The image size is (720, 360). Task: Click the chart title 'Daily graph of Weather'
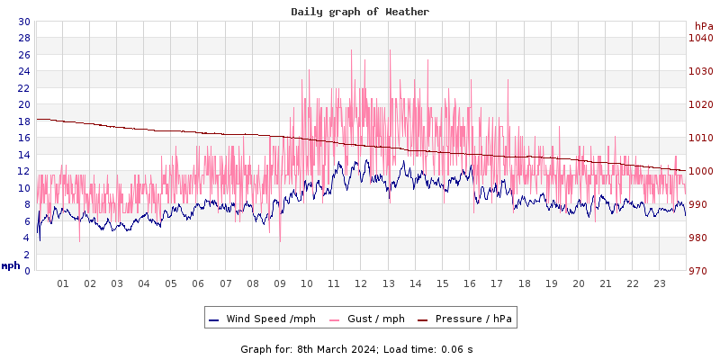(360, 12)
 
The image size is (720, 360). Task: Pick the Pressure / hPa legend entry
(467, 319)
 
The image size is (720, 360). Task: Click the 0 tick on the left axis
(26, 271)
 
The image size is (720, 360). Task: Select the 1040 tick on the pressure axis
(700, 38)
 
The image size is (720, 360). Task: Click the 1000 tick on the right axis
(700, 171)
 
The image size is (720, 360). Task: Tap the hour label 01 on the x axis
(63, 283)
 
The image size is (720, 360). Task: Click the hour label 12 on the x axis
(361, 283)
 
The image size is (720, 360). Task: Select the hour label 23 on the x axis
(660, 283)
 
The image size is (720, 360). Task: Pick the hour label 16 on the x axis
(470, 283)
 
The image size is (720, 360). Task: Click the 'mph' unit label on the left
(11, 265)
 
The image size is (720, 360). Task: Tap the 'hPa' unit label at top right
(704, 26)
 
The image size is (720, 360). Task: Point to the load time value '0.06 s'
(457, 348)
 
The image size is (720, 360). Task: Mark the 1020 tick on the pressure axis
(700, 104)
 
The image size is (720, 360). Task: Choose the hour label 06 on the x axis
(198, 283)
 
